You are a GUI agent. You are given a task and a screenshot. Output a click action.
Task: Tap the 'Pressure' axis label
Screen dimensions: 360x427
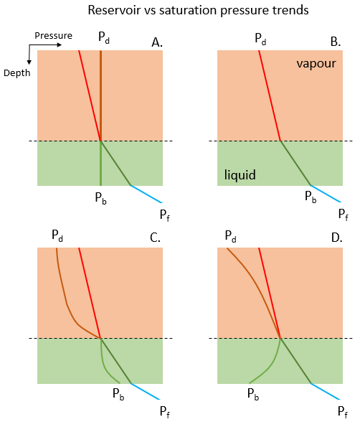[53, 36]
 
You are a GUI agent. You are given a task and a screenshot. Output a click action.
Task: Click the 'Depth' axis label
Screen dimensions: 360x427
[17, 73]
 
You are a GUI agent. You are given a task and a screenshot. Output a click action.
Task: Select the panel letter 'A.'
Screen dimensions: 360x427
[157, 42]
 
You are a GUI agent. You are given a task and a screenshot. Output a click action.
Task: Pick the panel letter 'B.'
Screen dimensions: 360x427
[336, 42]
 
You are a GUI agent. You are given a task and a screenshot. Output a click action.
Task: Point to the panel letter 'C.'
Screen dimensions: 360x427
[155, 238]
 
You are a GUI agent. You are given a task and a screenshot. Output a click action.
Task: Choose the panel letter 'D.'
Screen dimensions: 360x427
[336, 238]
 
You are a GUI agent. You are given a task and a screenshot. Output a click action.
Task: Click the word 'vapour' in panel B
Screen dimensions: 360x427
[316, 64]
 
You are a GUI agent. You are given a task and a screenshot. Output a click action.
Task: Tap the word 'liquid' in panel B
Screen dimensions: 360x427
[240, 174]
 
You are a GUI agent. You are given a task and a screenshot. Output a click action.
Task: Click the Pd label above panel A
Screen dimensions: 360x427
[104, 37]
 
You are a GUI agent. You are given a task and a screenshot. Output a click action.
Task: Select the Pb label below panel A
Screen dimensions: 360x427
[100, 198]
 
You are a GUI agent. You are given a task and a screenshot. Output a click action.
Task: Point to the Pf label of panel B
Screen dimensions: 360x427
[343, 215]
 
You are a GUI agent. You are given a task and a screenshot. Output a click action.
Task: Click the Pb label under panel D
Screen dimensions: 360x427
[253, 394]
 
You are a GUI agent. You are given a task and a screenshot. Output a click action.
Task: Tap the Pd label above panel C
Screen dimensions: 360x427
[57, 235]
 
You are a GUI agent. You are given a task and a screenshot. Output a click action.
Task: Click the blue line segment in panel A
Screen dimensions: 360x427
[146, 194]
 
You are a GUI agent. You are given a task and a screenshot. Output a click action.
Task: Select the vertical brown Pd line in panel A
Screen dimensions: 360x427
[100, 95]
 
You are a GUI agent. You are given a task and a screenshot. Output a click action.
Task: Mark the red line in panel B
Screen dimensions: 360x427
[270, 95]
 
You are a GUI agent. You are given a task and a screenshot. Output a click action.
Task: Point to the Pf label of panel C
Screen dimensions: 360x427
[165, 412]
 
